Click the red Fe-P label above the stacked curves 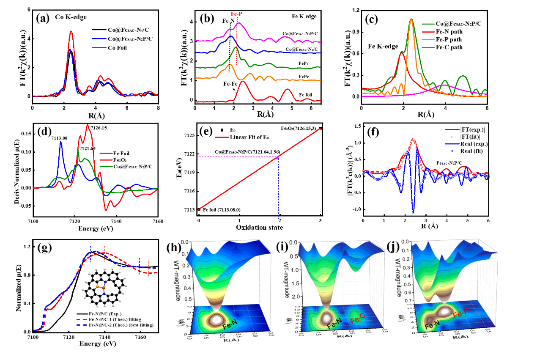coord(237,14)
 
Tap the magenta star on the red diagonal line coord(278,157)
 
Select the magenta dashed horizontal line coord(237,157)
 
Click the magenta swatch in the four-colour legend coord(428,48)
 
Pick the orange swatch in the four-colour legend coord(428,40)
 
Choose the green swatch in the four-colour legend coord(428,24)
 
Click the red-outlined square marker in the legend coord(452,137)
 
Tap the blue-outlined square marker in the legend coord(452,151)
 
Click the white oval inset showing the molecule coord(105,287)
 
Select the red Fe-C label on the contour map coord(358,321)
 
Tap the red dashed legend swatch coord(81,320)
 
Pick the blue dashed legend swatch coord(81,325)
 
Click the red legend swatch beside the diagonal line coord(222,137)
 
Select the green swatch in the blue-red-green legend coord(106,167)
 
